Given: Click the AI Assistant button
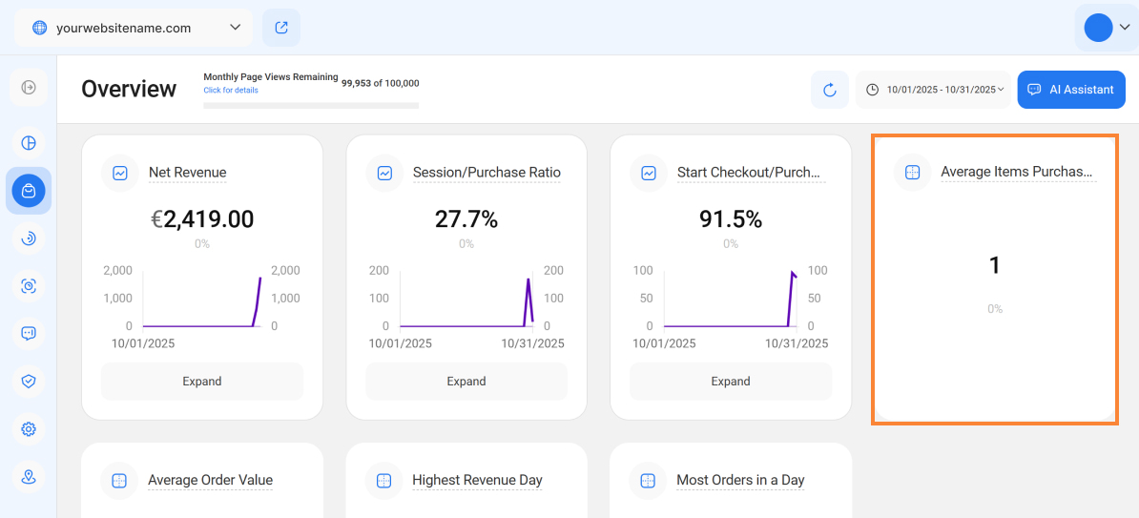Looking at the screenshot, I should (x=1071, y=90).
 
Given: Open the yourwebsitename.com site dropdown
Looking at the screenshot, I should (x=134, y=28).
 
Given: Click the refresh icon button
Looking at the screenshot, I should (x=829, y=90).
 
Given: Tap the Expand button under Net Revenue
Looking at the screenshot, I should (x=202, y=382).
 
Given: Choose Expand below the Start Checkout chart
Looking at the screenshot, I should (x=731, y=382).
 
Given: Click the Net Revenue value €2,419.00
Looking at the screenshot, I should (x=202, y=219).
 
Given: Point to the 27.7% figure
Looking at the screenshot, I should (x=466, y=219).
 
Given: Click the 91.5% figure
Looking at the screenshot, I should (x=731, y=219).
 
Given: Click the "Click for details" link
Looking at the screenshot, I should (x=231, y=91).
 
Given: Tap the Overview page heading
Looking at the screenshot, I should (x=129, y=90).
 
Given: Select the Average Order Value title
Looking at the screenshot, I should (x=210, y=480).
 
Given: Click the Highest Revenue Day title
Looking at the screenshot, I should (x=477, y=480).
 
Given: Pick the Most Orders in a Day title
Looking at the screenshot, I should (x=740, y=480).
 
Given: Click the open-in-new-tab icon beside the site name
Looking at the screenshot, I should (x=281, y=28).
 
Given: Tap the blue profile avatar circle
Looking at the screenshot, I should (x=1098, y=28).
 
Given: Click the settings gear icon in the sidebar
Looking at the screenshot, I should (x=29, y=429).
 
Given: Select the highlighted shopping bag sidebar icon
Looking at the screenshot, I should (x=29, y=191).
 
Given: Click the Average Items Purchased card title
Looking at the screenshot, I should (x=1016, y=173).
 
